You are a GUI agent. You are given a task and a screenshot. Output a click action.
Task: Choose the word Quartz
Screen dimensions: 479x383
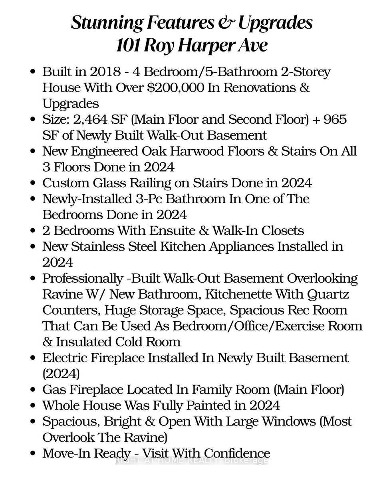click(328, 295)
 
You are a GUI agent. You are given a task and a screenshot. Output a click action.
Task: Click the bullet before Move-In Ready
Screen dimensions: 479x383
click(34, 453)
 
